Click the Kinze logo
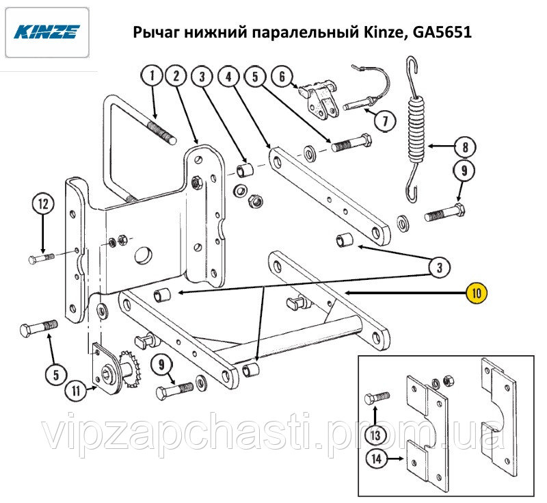pos(46,31)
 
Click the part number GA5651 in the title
pos(442,32)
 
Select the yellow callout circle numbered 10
pos(477,292)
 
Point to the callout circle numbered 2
pos(176,75)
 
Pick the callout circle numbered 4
pos(228,76)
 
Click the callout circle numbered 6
pos(282,76)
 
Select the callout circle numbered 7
pos(385,120)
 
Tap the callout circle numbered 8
pos(466,147)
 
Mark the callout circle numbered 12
pos(43,203)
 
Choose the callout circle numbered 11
pos(76,390)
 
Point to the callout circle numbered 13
pos(375,435)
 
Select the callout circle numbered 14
pos(377,459)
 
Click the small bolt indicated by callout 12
pos(41,259)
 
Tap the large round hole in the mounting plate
pos(144,255)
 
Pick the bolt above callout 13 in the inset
pos(377,398)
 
